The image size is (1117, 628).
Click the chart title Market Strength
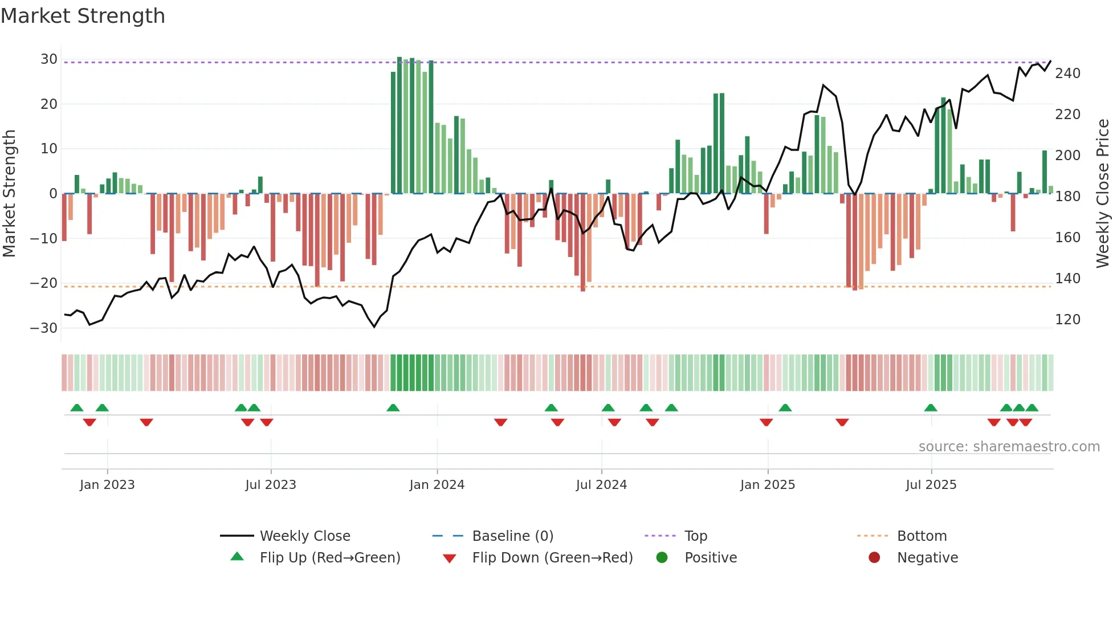tap(83, 16)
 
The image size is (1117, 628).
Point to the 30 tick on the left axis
tap(48, 59)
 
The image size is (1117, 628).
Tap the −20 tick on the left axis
tap(44, 283)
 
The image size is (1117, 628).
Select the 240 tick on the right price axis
tap(1067, 74)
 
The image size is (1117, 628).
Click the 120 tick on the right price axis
tap(1067, 320)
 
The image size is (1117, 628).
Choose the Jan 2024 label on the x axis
tap(437, 485)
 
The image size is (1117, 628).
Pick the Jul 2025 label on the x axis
tap(931, 485)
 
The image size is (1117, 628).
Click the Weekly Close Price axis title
tap(1103, 194)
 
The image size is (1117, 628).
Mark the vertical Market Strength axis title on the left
tap(9, 194)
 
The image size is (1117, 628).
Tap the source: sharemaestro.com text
tap(1009, 447)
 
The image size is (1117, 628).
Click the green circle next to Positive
tap(662, 557)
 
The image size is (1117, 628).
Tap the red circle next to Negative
tap(874, 557)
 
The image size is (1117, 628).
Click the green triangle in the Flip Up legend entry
tap(237, 557)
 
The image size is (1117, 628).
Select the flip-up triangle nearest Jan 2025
tap(785, 408)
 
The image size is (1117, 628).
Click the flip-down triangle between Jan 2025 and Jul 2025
tap(842, 422)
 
